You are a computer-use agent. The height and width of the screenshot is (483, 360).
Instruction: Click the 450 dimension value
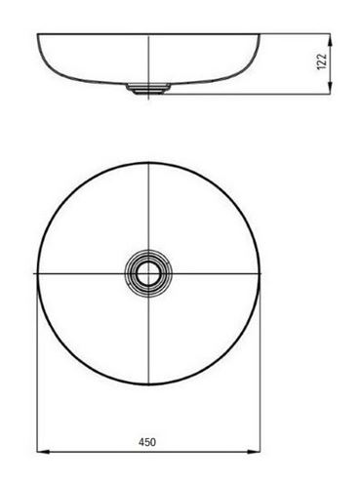[147, 442]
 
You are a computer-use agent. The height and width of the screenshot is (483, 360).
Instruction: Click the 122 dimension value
[322, 61]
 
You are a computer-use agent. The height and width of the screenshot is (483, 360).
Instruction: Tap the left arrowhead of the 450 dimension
[43, 452]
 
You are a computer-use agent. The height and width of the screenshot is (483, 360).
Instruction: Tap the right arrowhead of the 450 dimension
[254, 452]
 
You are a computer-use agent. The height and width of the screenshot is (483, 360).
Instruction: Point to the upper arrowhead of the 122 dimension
[330, 40]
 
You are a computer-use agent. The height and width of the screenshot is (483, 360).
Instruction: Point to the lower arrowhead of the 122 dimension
[330, 88]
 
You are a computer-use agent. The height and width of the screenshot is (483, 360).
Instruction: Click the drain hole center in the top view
[148, 273]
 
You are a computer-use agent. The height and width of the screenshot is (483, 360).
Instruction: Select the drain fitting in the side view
[148, 89]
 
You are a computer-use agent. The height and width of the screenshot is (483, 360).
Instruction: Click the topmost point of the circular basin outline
[148, 163]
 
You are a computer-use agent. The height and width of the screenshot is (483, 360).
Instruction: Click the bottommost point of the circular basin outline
[148, 384]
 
